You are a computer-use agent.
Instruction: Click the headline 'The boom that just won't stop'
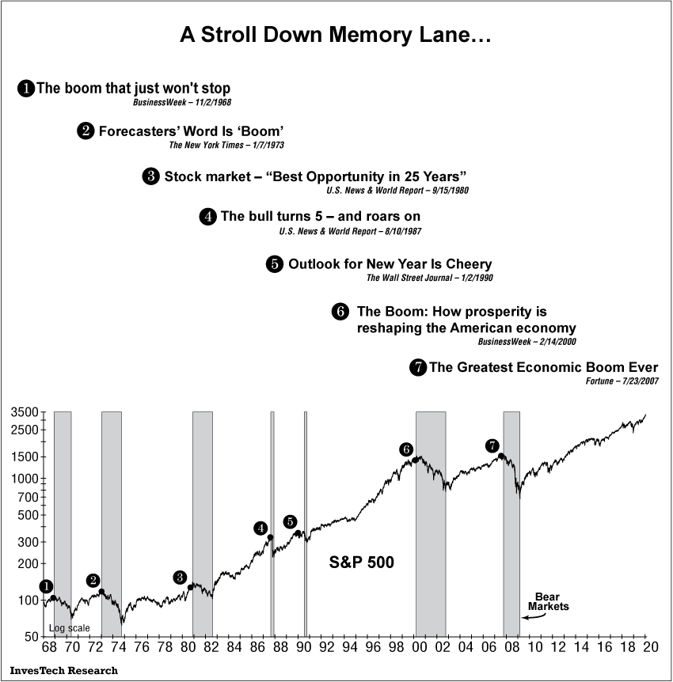133,88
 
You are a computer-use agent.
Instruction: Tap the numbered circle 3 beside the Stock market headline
151,176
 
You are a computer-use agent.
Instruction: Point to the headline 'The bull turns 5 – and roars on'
320,216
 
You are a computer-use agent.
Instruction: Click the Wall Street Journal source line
430,278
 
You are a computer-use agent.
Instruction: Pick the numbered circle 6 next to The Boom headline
340,312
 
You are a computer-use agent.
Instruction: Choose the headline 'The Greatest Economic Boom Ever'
544,367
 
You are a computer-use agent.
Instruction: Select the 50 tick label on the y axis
31,637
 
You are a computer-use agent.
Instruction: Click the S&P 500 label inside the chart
361,563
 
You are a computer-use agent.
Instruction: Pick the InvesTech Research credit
64,670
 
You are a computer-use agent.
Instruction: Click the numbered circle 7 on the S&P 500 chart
492,446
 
